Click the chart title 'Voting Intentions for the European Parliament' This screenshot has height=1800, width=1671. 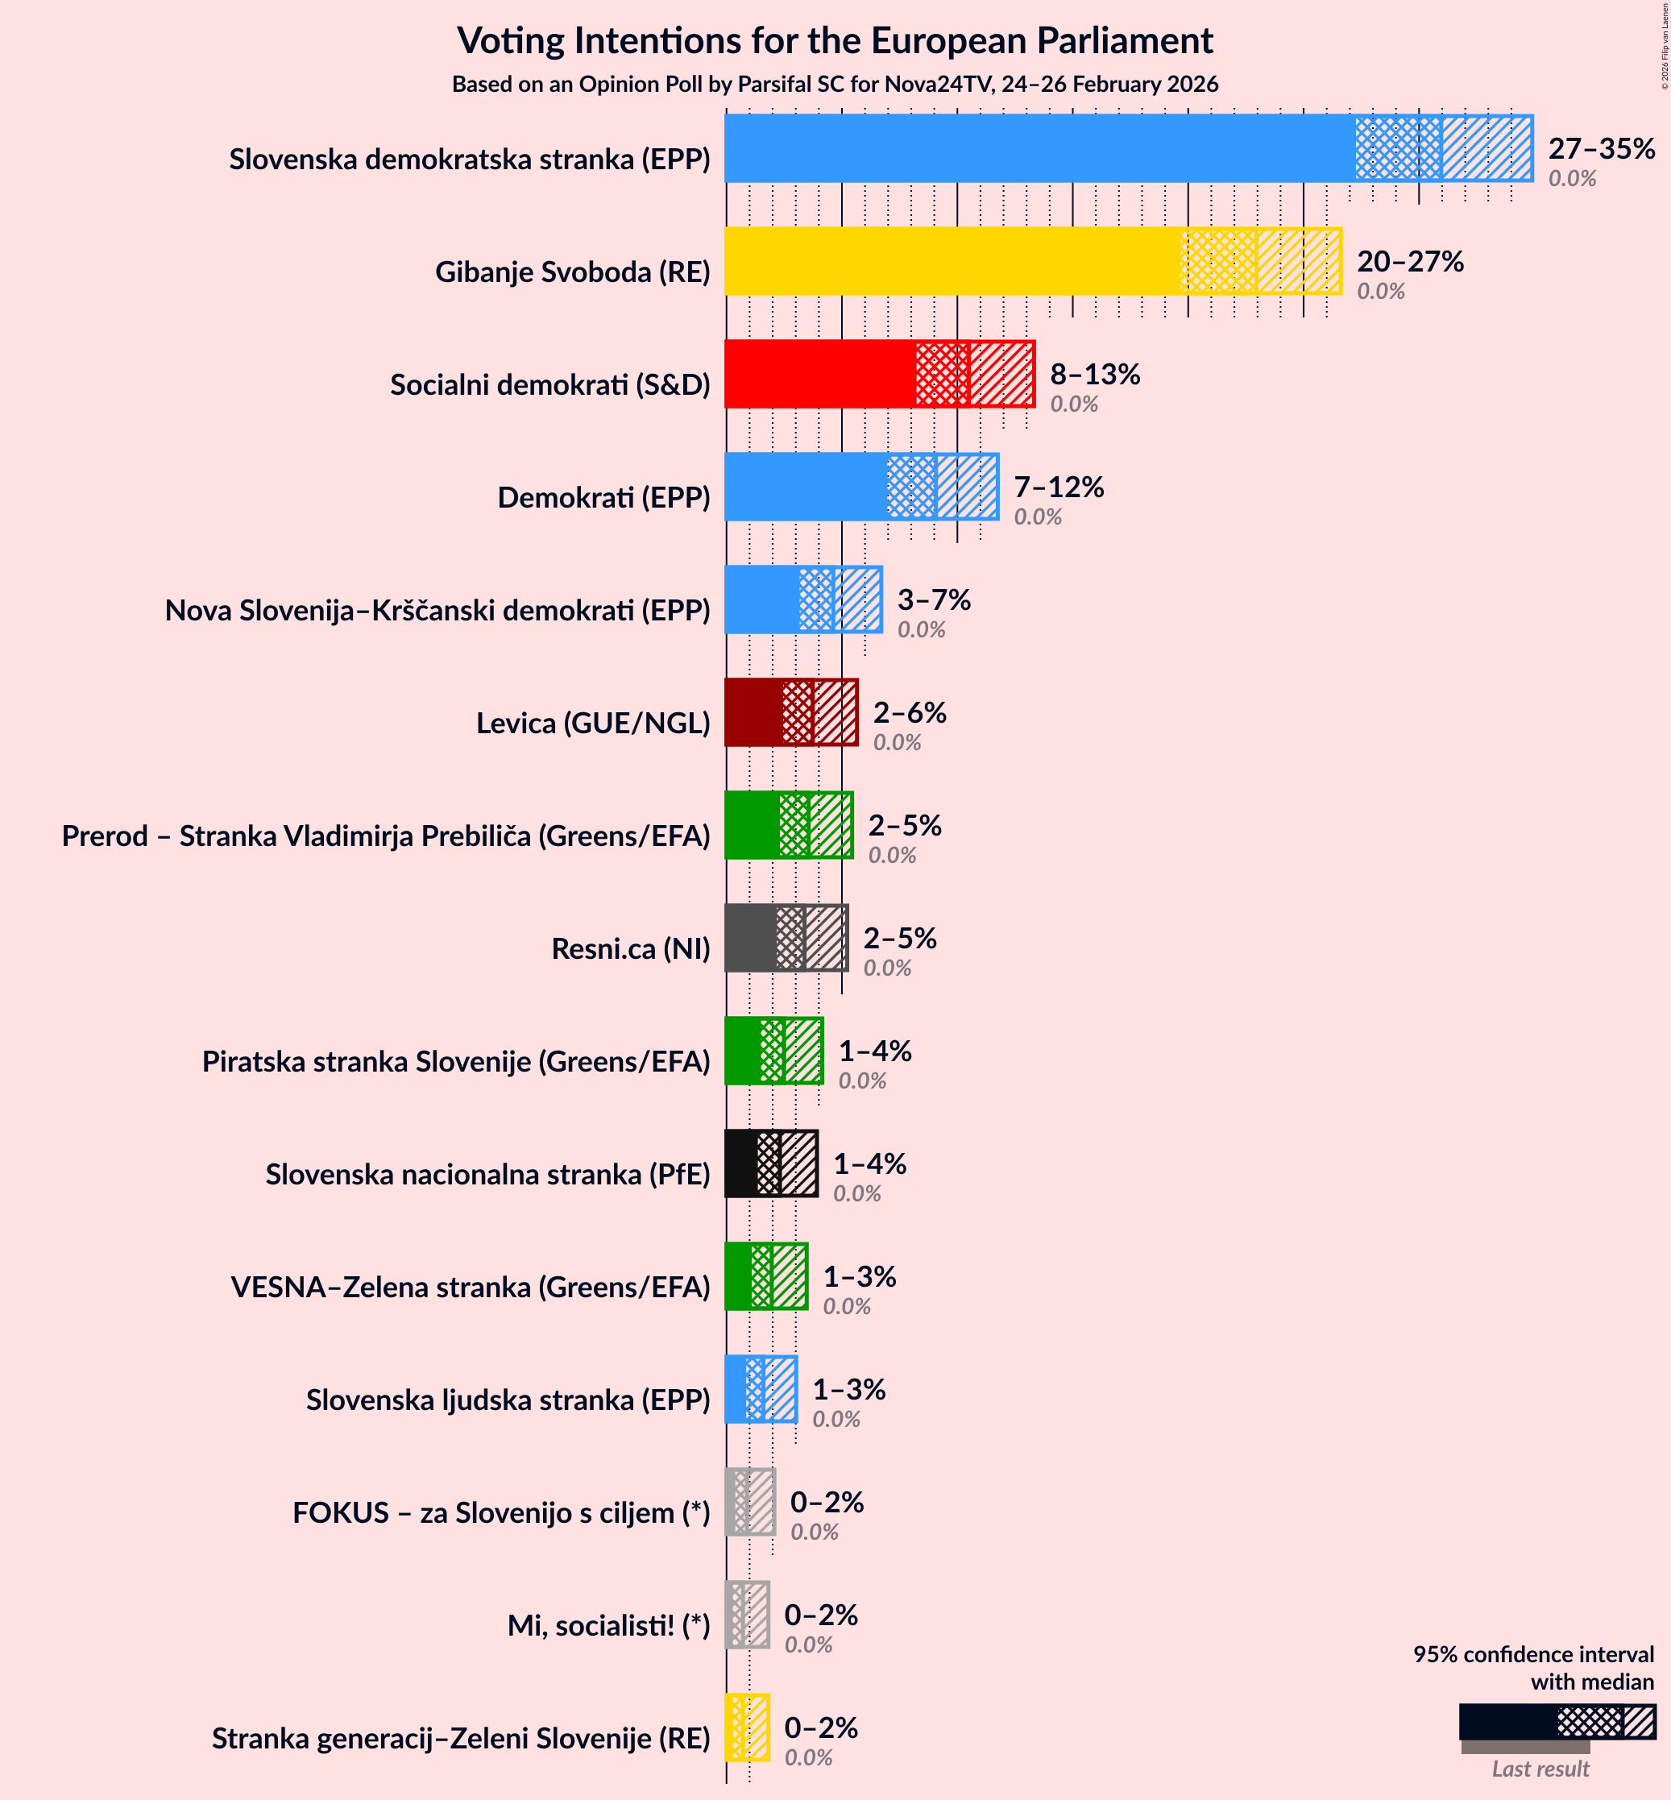pos(835,40)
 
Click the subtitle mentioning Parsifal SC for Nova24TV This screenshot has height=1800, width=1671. pos(835,84)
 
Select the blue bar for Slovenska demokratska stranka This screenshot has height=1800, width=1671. pos(1040,148)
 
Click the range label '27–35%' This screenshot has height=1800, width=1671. pos(1600,148)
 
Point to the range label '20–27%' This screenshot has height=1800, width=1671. pos(1409,261)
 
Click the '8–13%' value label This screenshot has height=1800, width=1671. pos(1094,375)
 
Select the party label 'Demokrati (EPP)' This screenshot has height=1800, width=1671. pos(603,497)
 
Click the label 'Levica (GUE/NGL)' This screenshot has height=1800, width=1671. pos(592,724)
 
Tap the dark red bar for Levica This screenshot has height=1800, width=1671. pos(754,712)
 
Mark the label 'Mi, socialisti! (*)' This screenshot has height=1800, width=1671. pos(607,1625)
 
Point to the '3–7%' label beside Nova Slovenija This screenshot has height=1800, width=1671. pos(933,599)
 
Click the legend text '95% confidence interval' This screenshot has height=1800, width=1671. pos(1532,1653)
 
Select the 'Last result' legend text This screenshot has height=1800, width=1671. pos(1539,1769)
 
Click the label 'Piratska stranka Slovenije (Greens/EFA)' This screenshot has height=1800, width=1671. pos(456,1061)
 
